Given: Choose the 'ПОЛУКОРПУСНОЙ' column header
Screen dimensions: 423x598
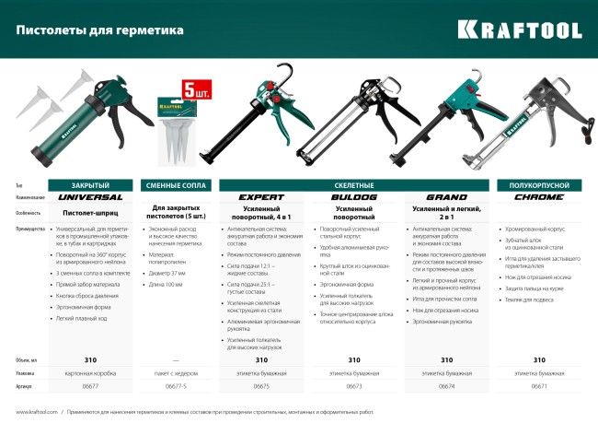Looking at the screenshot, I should [x=539, y=184].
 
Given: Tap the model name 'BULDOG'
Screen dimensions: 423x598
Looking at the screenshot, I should [x=354, y=197].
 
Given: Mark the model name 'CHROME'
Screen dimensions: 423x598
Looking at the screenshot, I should [x=539, y=197].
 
